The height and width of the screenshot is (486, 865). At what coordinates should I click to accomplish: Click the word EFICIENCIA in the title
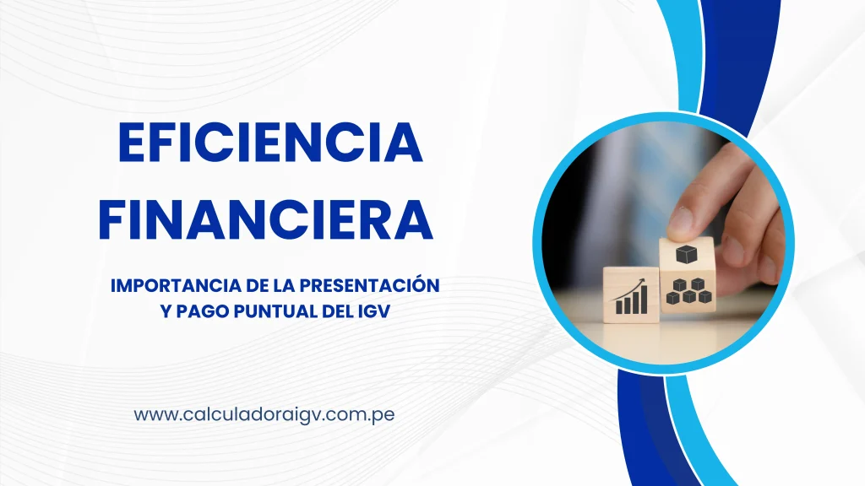click(269, 143)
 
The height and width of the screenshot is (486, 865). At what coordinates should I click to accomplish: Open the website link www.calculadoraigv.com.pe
click(264, 415)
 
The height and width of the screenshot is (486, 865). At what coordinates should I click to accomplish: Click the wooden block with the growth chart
click(631, 294)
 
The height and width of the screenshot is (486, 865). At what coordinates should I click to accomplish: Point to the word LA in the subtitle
click(269, 286)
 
